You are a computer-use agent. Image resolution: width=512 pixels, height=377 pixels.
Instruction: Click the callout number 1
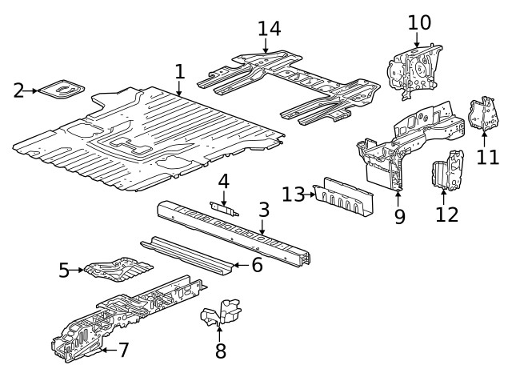180,72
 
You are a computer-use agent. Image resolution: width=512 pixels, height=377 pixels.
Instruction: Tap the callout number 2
18,90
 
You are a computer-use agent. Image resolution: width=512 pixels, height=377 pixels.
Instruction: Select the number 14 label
270,28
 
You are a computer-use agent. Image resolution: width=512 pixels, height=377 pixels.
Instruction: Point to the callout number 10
419,22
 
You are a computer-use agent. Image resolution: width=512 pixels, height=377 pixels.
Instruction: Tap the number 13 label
294,194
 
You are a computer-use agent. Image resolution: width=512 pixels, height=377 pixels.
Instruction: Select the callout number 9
399,216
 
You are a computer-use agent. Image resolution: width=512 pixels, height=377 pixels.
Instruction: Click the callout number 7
123,350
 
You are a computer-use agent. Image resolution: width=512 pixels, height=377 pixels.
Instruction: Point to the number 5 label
64,271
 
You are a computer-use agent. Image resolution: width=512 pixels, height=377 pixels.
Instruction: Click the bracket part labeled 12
445,171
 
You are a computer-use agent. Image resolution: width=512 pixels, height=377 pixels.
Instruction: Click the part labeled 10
412,69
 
